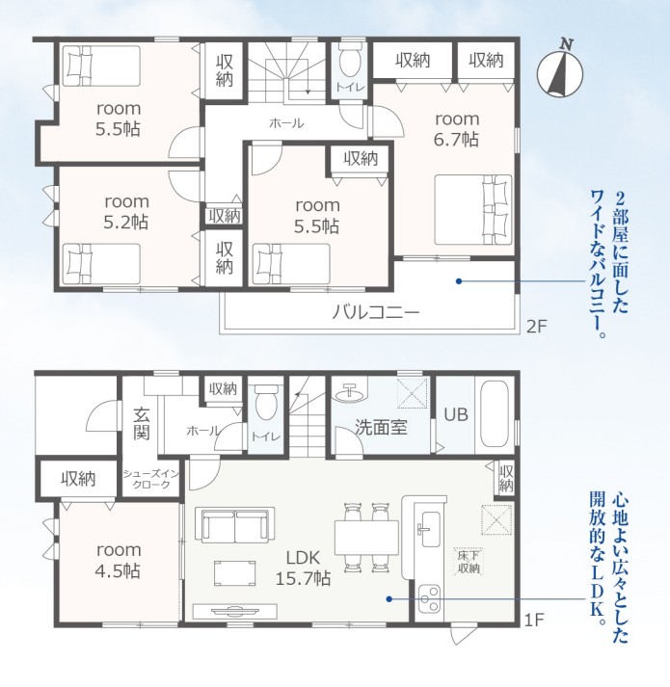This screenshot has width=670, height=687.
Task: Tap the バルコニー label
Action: coord(376,312)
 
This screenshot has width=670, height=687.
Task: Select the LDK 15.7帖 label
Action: coord(303,568)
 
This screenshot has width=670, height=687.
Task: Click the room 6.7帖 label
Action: coord(456,129)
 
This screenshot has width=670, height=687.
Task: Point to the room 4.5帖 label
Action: coord(119,561)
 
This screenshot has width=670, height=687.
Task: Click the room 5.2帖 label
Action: coord(126,212)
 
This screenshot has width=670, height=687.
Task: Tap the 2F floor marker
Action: coord(537,327)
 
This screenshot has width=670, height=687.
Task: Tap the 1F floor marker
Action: coord(534,620)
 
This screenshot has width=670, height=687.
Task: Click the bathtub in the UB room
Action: coord(496,414)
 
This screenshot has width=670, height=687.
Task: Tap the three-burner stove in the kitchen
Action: coord(429,599)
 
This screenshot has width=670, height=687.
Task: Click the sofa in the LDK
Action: coord(235,525)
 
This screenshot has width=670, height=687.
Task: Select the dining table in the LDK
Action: coord(366,538)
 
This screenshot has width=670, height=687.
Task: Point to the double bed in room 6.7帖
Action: coord(473,210)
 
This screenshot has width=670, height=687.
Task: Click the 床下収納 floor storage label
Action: coord(469,561)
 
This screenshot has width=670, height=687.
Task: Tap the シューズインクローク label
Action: coord(147,479)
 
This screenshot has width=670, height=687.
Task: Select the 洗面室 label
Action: coord(381,427)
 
